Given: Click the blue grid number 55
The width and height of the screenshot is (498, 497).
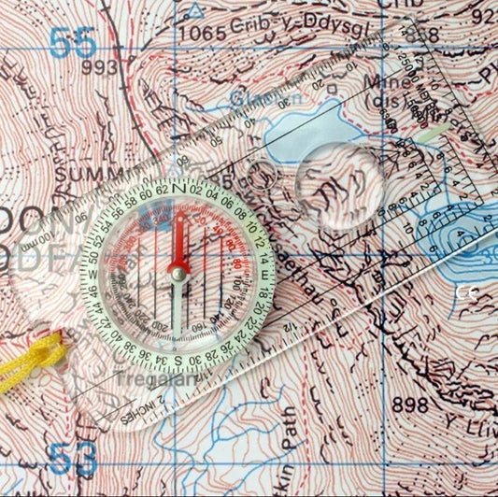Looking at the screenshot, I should tap(73, 42).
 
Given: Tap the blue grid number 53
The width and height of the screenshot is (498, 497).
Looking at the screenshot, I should tap(73, 459).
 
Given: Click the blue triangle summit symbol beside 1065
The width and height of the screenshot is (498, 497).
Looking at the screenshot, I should tap(194, 10).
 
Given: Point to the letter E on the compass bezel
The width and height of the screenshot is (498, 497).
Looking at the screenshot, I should tap(263, 274).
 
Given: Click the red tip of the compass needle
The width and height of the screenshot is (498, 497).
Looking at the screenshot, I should tap(178, 220).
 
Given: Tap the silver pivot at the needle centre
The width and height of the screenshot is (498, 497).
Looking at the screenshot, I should tap(178, 273).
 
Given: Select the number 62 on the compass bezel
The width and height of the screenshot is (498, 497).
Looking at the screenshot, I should tap(160, 190).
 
